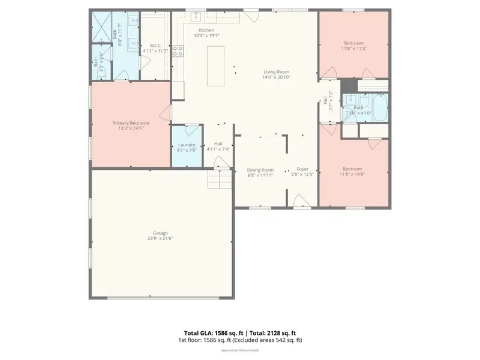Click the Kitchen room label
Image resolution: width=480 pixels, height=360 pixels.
(206, 30)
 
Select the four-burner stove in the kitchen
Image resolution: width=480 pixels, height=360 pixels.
(178, 52)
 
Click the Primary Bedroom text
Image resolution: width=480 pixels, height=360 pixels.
(131, 122)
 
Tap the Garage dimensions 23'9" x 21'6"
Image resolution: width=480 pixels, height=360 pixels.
(160, 238)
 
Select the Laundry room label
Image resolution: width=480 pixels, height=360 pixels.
(187, 145)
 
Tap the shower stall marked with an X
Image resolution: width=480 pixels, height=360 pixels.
(100, 24)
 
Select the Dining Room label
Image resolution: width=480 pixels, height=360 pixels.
(260, 170)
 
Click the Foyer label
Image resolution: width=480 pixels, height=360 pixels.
(302, 170)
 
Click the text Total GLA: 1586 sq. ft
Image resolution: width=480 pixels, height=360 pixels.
(209, 332)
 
